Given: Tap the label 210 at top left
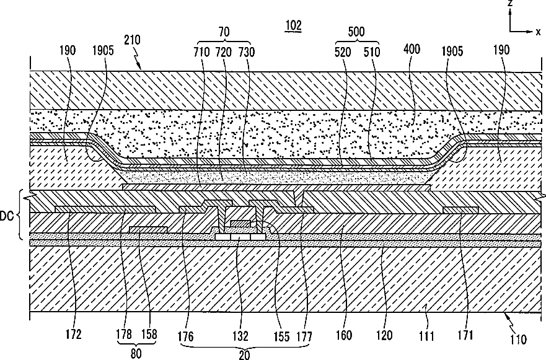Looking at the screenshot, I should click(x=132, y=40).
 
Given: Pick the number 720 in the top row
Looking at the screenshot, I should click(x=223, y=50).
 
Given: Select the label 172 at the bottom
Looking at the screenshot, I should click(x=73, y=336).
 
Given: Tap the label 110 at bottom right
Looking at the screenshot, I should click(x=517, y=340).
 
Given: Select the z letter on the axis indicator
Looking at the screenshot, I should click(x=509, y=4).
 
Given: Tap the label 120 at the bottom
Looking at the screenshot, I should click(x=384, y=336).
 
